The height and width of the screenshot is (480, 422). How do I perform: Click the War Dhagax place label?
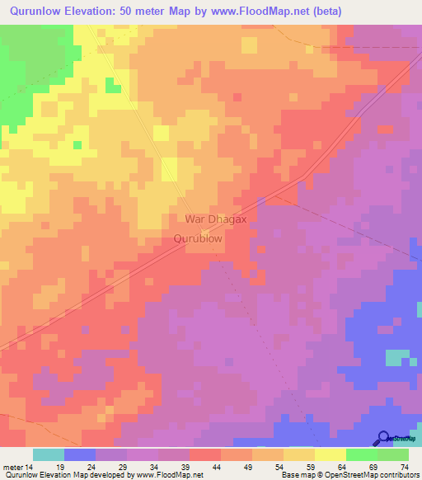[216, 219]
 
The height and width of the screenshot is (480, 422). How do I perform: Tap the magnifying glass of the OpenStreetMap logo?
[382, 438]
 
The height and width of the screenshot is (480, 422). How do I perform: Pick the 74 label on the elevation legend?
[404, 467]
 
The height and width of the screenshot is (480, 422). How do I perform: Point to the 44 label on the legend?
[216, 467]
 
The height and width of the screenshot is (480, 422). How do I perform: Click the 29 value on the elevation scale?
[122, 467]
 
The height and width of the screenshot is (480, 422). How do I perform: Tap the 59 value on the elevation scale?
[310, 467]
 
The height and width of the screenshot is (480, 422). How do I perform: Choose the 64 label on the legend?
[341, 467]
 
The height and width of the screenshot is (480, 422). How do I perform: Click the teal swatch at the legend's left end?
[48, 454]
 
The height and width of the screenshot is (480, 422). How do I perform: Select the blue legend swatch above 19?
[79, 454]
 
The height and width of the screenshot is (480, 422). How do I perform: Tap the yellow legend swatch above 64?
[330, 454]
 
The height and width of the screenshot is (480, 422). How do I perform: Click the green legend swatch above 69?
[361, 454]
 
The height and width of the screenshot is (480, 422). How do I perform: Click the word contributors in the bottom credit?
[395, 476]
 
